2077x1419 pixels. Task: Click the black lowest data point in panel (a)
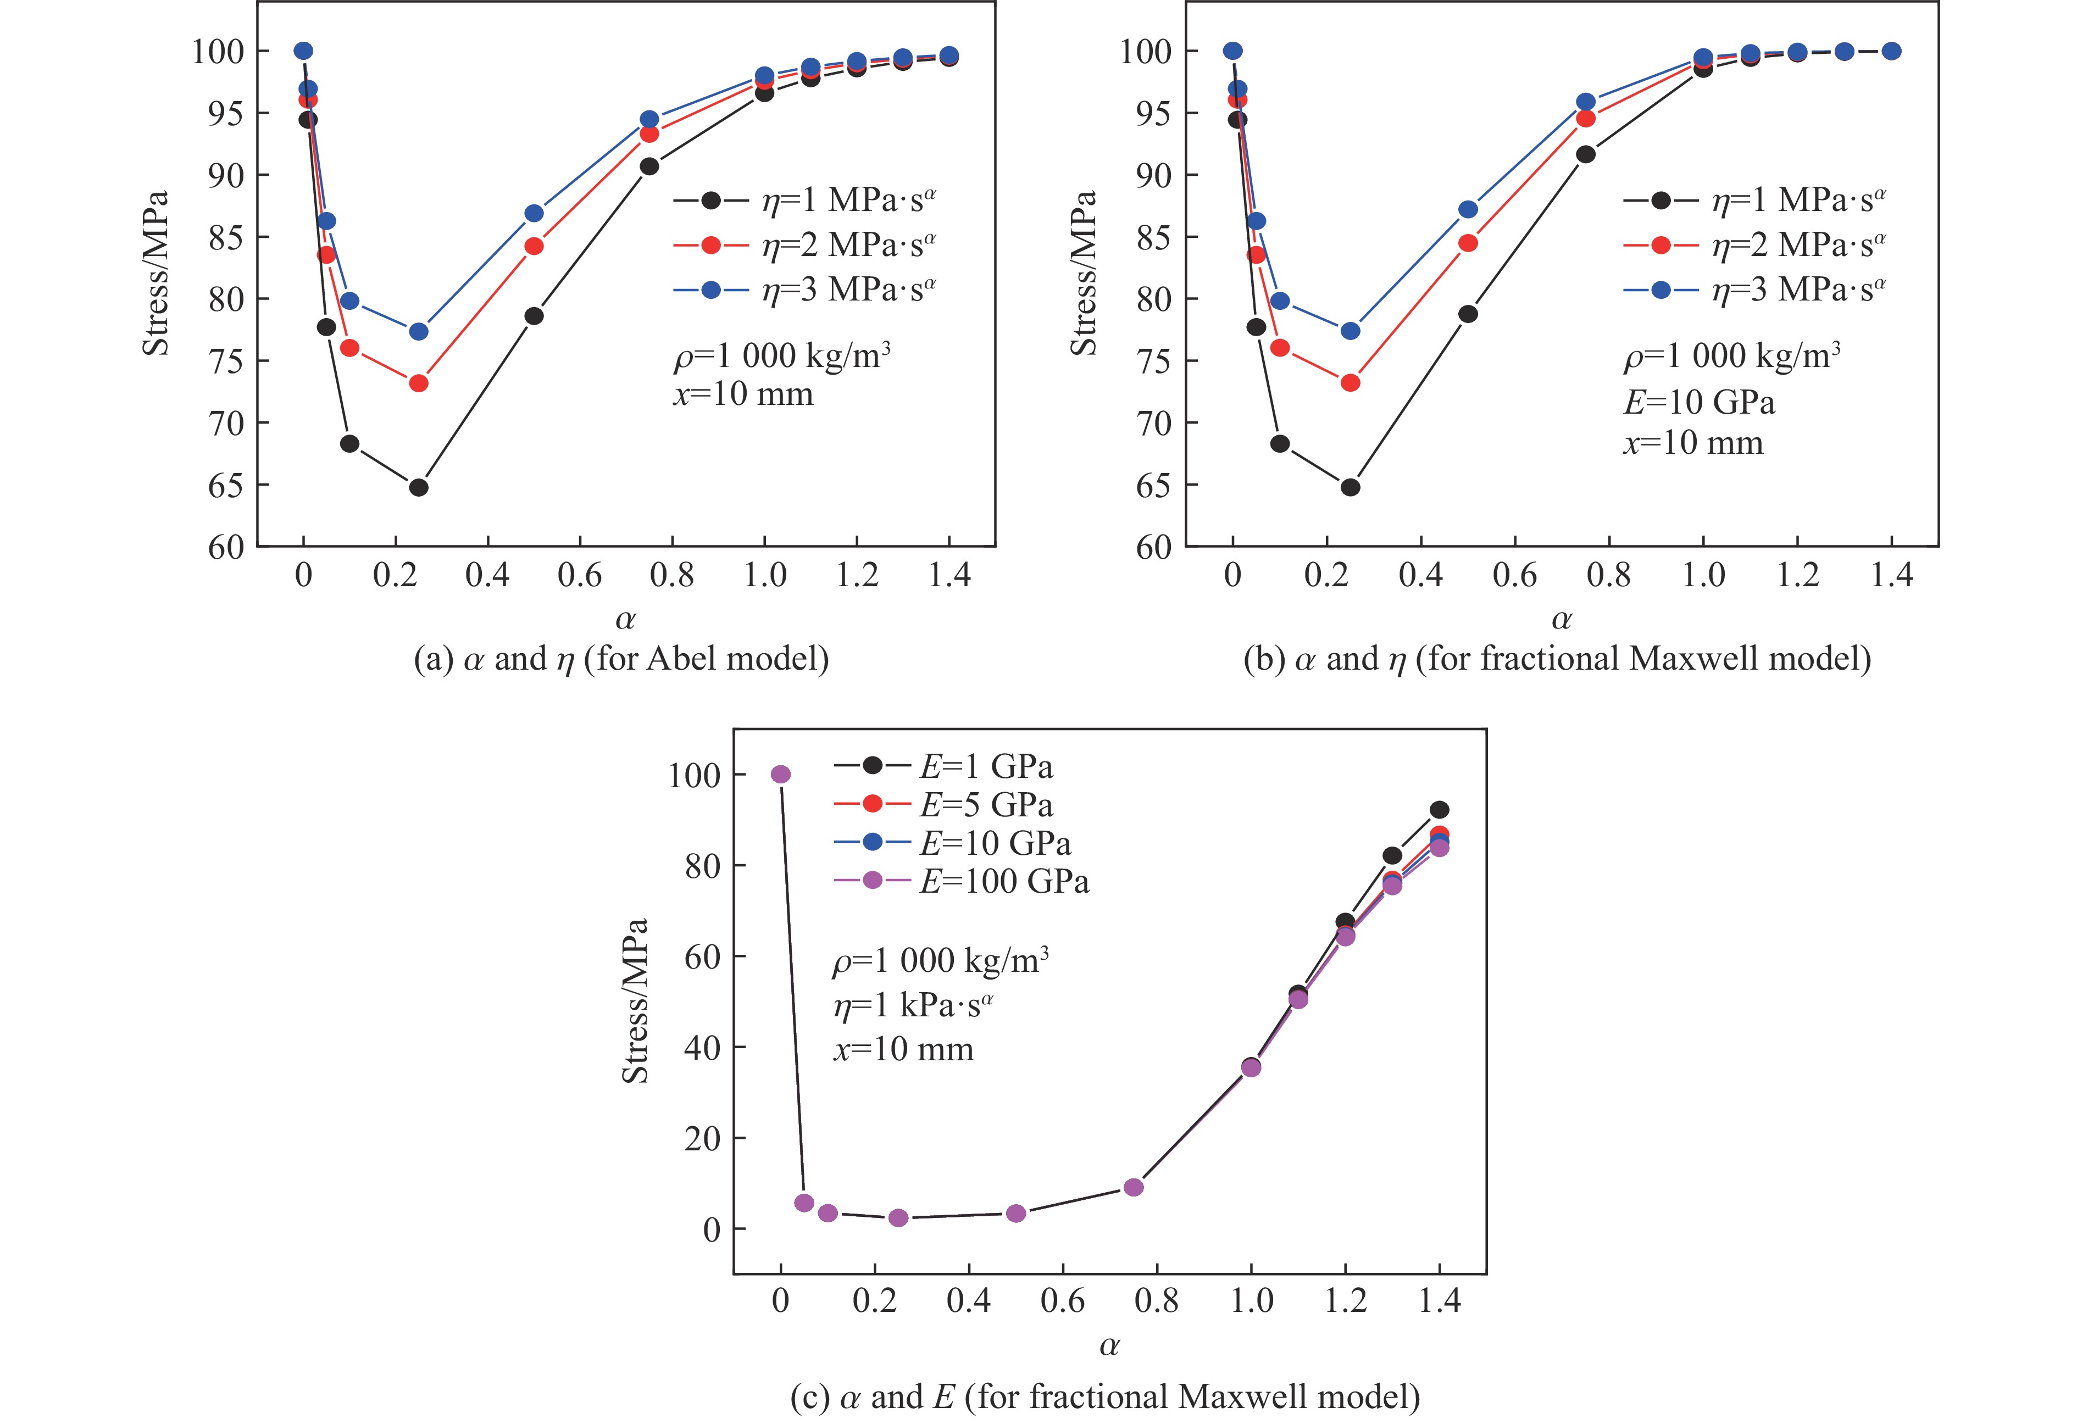(418, 487)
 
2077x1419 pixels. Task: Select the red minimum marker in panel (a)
(418, 383)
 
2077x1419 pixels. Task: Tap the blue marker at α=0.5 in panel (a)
(534, 213)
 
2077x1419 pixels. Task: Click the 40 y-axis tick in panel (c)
(702, 1047)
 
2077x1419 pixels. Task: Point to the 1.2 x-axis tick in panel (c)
(1345, 1301)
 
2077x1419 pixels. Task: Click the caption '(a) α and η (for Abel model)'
(621, 659)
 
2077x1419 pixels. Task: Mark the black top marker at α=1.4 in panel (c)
(1439, 810)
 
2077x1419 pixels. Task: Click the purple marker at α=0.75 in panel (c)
(1133, 1187)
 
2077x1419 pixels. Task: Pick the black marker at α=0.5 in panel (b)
(1468, 314)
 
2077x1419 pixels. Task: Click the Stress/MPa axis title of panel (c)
(635, 1001)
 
